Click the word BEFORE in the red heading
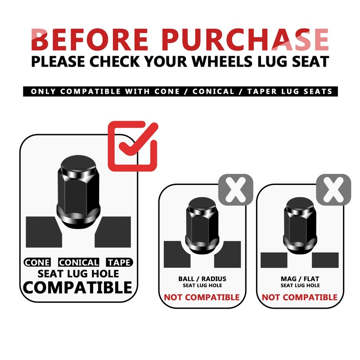point(90,39)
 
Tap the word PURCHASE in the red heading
point(245,39)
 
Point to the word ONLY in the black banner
point(43,91)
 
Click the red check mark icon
point(133,146)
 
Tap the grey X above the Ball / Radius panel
point(235,189)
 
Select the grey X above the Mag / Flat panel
point(333,189)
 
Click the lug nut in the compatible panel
point(78,192)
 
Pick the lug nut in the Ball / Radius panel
point(202,225)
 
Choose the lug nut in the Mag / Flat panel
point(300,225)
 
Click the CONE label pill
point(37,262)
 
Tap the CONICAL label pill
point(78,262)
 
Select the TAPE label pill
point(119,262)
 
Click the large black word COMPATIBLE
point(77,288)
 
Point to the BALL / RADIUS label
point(202,279)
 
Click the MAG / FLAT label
point(300,279)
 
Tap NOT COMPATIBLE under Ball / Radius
point(202,297)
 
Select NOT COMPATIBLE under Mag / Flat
point(300,297)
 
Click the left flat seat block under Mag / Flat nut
point(274,260)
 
